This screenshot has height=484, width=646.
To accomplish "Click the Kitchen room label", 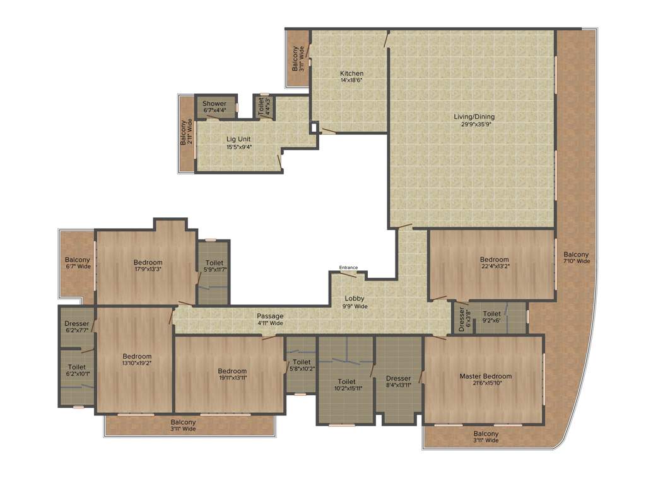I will point(351,73).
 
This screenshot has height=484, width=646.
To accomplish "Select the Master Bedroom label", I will point(485,376).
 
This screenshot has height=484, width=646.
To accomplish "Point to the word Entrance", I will point(348,268).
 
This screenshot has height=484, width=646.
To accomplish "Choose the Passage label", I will point(269,316).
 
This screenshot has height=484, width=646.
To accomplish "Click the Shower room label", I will point(214,103).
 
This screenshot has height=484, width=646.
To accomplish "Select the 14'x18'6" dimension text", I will point(351,81).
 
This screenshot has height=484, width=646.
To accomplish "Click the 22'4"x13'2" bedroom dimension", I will point(494,267).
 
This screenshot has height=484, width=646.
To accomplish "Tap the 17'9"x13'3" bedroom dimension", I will point(148,270).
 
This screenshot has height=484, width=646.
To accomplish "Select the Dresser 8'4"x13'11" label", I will point(399,381).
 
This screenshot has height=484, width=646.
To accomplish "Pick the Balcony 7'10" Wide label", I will point(576,257).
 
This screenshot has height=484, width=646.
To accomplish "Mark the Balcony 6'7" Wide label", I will point(77,263).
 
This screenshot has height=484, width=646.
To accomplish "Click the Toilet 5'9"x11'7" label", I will point(214,266).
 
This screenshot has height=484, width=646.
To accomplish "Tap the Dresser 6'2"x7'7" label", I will point(76,328).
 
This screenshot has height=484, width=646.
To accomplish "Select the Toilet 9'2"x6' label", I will point(492,317).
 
